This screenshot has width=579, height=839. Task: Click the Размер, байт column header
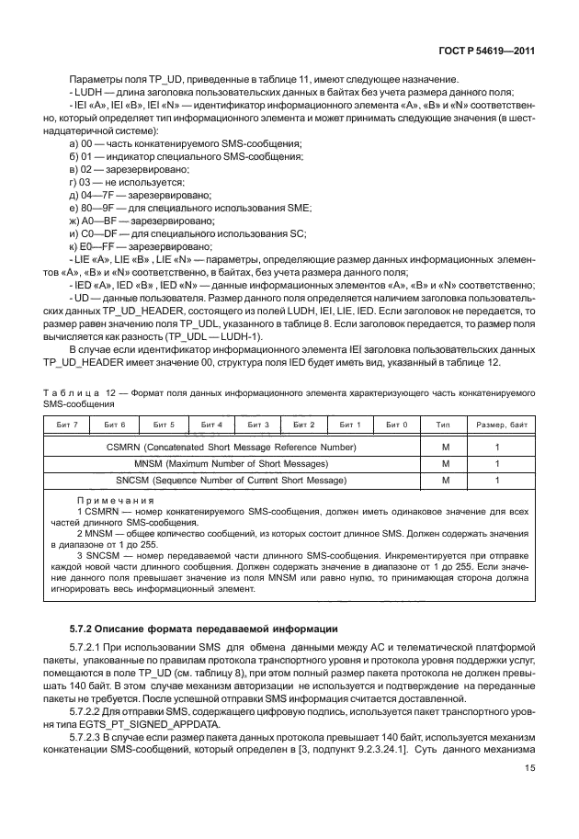point(500,425)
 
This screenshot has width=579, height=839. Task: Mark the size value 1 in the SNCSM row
point(497,480)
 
